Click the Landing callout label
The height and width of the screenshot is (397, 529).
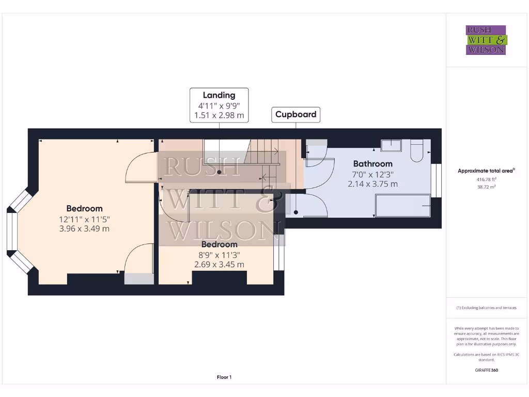219,95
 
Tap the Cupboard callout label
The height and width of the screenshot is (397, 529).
295,114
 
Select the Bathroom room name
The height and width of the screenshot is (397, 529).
372,164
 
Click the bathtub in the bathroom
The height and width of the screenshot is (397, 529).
402,205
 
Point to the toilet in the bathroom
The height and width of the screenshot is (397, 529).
417,149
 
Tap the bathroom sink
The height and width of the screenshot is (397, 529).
391,145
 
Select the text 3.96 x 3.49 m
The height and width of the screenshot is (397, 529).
84,228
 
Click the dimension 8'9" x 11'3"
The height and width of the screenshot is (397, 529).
219,254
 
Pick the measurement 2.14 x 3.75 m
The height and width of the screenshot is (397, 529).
372,184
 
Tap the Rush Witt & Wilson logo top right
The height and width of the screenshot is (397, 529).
486,40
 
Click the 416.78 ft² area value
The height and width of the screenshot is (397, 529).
486,179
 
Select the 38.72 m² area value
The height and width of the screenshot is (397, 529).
486,187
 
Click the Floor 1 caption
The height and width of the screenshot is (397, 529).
224,377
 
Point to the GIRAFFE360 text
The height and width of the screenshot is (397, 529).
486,370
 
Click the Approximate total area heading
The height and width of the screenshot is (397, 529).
486,171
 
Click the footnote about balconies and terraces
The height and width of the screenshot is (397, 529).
486,308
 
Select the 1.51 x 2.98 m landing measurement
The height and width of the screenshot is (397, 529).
219,115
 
